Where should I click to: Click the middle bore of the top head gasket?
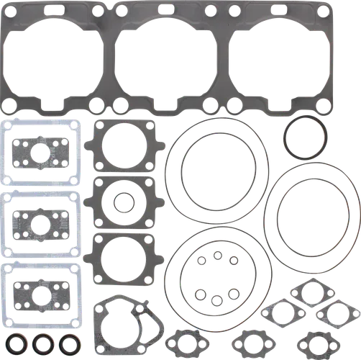pyautogui.click(x=165, y=58)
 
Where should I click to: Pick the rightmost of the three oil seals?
pyautogui.click(x=69, y=341)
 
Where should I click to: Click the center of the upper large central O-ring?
pyautogui.click(x=221, y=177)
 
